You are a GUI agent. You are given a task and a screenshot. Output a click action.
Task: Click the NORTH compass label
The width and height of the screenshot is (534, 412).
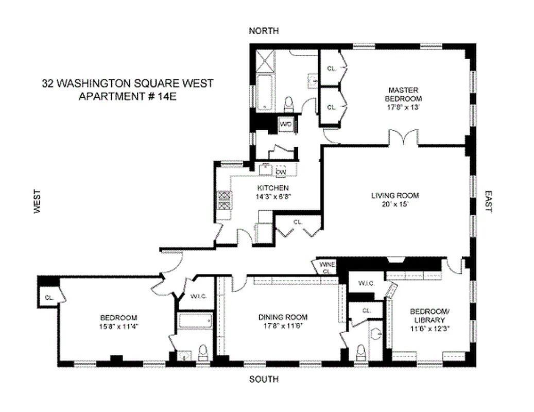pos(264,31)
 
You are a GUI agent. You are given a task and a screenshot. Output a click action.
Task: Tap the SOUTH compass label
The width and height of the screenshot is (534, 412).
pos(264,380)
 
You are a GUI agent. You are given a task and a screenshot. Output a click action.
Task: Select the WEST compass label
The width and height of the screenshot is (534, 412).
pos(37,201)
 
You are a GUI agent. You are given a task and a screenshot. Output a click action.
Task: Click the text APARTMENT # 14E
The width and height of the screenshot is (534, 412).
pos(127,96)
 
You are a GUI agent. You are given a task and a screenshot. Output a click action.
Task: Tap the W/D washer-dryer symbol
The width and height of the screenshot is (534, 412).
pos(286,124)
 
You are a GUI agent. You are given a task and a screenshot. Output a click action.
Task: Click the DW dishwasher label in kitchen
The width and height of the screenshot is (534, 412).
pos(281,172)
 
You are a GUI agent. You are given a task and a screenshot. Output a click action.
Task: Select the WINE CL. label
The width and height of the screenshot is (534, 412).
pos(328,268)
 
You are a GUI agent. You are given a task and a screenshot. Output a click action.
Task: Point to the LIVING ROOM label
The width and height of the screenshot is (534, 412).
pos(395,195)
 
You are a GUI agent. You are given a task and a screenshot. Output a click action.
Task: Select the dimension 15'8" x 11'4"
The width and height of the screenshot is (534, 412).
pos(118,327)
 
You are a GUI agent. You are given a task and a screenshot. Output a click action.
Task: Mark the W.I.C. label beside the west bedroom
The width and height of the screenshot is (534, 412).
pos(198,296)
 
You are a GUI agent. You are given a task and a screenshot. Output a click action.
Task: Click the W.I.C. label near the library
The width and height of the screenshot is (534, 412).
pos(366,284)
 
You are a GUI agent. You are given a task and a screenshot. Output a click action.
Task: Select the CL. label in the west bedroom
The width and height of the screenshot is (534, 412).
pos(49,297)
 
